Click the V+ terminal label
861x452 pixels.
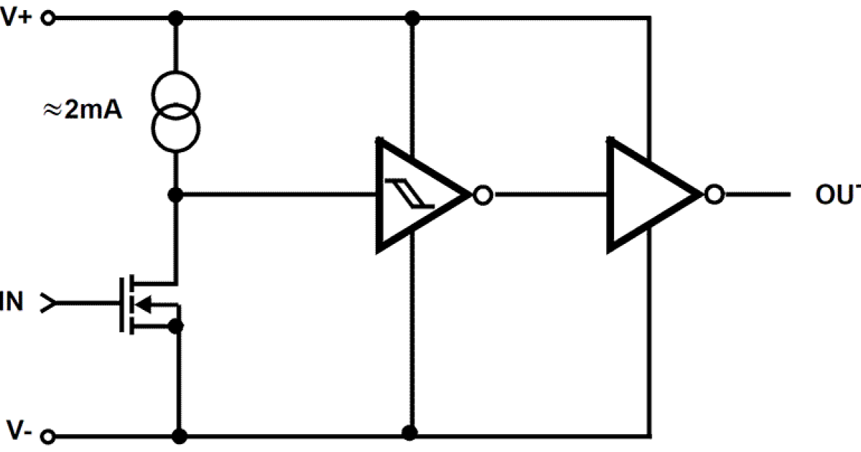[x=16, y=17]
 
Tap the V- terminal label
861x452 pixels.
[x=17, y=430]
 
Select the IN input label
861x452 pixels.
[x=12, y=303]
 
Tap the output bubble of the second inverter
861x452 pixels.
[x=713, y=194]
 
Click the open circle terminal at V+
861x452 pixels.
[x=49, y=19]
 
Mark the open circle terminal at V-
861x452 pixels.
[x=49, y=435]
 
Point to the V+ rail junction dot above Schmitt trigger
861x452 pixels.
[x=412, y=17]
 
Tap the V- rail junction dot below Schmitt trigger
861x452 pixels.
[x=410, y=433]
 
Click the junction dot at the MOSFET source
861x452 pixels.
[x=176, y=327]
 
